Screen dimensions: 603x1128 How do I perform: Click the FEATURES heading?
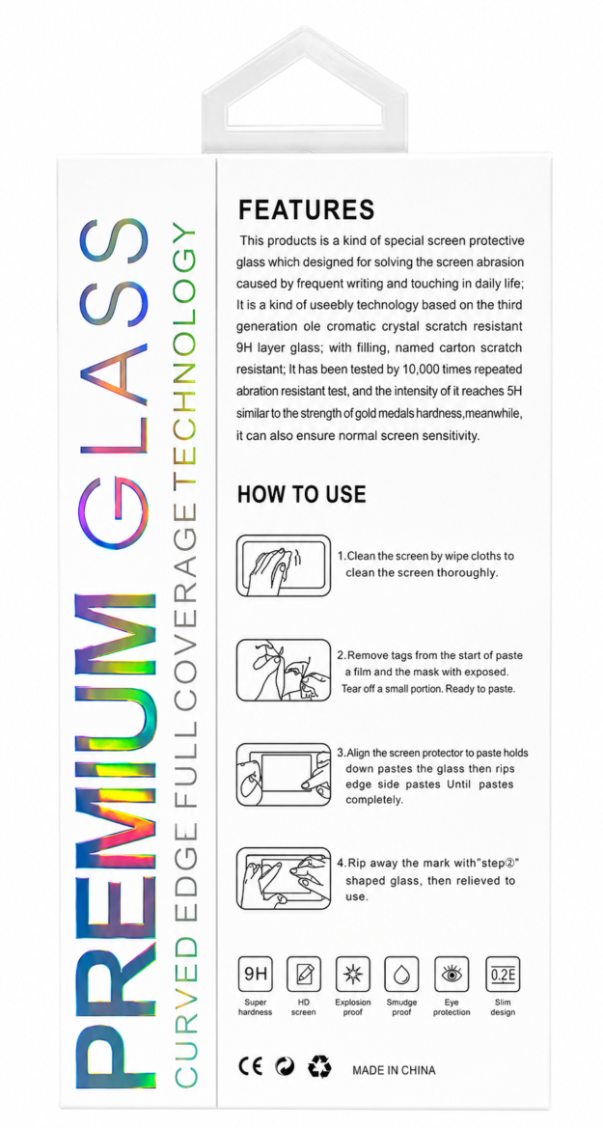pyautogui.click(x=307, y=209)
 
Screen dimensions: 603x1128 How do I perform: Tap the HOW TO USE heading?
pyautogui.click(x=301, y=494)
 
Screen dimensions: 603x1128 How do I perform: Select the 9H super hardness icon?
pyautogui.click(x=256, y=974)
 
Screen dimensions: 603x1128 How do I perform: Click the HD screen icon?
pyautogui.click(x=304, y=974)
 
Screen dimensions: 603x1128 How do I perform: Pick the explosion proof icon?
pyautogui.click(x=352, y=974)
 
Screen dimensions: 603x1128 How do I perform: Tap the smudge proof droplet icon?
pyautogui.click(x=401, y=974)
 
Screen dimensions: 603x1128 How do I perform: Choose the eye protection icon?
pyautogui.click(x=452, y=974)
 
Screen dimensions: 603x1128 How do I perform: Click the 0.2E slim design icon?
pyautogui.click(x=503, y=974)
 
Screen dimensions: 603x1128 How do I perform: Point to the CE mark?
pyautogui.click(x=251, y=1066)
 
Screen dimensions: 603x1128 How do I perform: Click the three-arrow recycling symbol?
pyautogui.click(x=319, y=1066)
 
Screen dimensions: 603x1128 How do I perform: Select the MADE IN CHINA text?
pyautogui.click(x=394, y=1070)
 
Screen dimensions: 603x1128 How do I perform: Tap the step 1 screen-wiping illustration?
pyautogui.click(x=284, y=564)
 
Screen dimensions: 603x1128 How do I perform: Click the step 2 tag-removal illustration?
pyautogui.click(x=284, y=670)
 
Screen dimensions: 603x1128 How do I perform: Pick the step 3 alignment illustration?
pyautogui.click(x=284, y=775)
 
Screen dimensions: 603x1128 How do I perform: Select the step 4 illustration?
pyautogui.click(x=284, y=878)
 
